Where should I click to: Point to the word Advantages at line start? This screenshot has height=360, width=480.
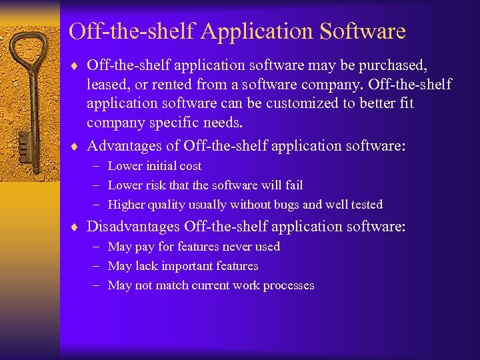click(127, 145)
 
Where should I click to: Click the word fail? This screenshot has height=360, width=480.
click(293, 185)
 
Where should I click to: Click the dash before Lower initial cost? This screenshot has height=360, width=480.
click(97, 166)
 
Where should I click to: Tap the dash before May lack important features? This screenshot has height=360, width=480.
click(97, 266)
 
